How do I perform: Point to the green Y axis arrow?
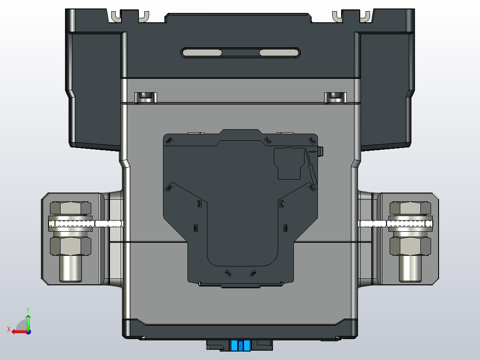tap(28, 321)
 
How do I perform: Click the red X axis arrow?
tap(18, 331)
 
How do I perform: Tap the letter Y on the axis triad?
tap(28, 309)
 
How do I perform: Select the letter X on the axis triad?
tap(8, 329)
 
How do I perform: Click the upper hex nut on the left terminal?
tap(70, 209)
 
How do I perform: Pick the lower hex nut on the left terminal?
tap(70, 245)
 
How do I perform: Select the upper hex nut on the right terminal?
tap(410, 209)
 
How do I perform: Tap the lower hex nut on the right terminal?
tap(410, 245)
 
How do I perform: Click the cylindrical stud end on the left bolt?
tap(70, 269)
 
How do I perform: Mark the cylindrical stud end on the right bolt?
tap(410, 269)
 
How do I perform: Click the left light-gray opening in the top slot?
tap(203, 53)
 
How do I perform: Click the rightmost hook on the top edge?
tap(365, 16)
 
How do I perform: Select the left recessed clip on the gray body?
tap(146, 97)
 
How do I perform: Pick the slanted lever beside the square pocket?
tap(311, 168)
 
